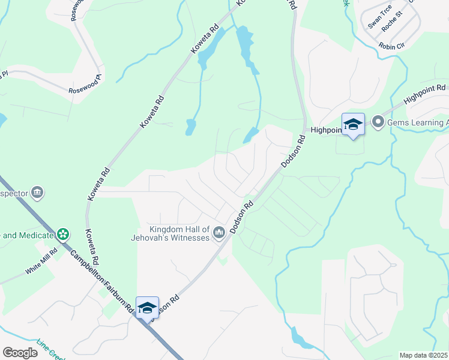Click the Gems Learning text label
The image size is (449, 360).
pos(418,123)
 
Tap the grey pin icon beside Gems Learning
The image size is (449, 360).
pos(378,122)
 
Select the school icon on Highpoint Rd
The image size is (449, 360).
pos(353,125)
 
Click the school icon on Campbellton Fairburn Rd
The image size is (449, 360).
pos(147,308)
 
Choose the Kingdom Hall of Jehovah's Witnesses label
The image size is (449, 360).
pos(180,233)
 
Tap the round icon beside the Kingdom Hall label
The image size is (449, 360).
pos(219,232)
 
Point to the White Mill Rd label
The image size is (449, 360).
pos(41,261)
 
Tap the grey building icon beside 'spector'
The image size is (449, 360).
pos(37,193)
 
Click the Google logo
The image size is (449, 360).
pos(20,353)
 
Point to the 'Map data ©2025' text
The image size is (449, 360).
pos(423,355)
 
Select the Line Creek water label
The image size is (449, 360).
pos(50,350)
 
